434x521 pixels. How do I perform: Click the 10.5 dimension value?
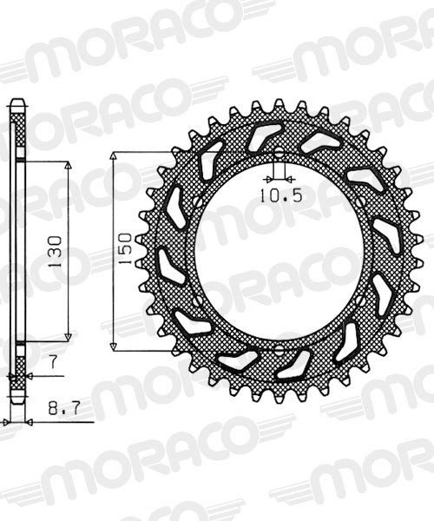(x=279, y=195)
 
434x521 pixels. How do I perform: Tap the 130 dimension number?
(x=56, y=252)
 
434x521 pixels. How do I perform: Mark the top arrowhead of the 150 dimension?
(x=115, y=157)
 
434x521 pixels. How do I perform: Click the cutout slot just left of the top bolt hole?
(x=260, y=136)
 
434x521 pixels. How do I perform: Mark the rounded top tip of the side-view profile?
(x=16, y=103)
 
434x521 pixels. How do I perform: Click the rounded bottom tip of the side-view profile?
(x=16, y=401)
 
